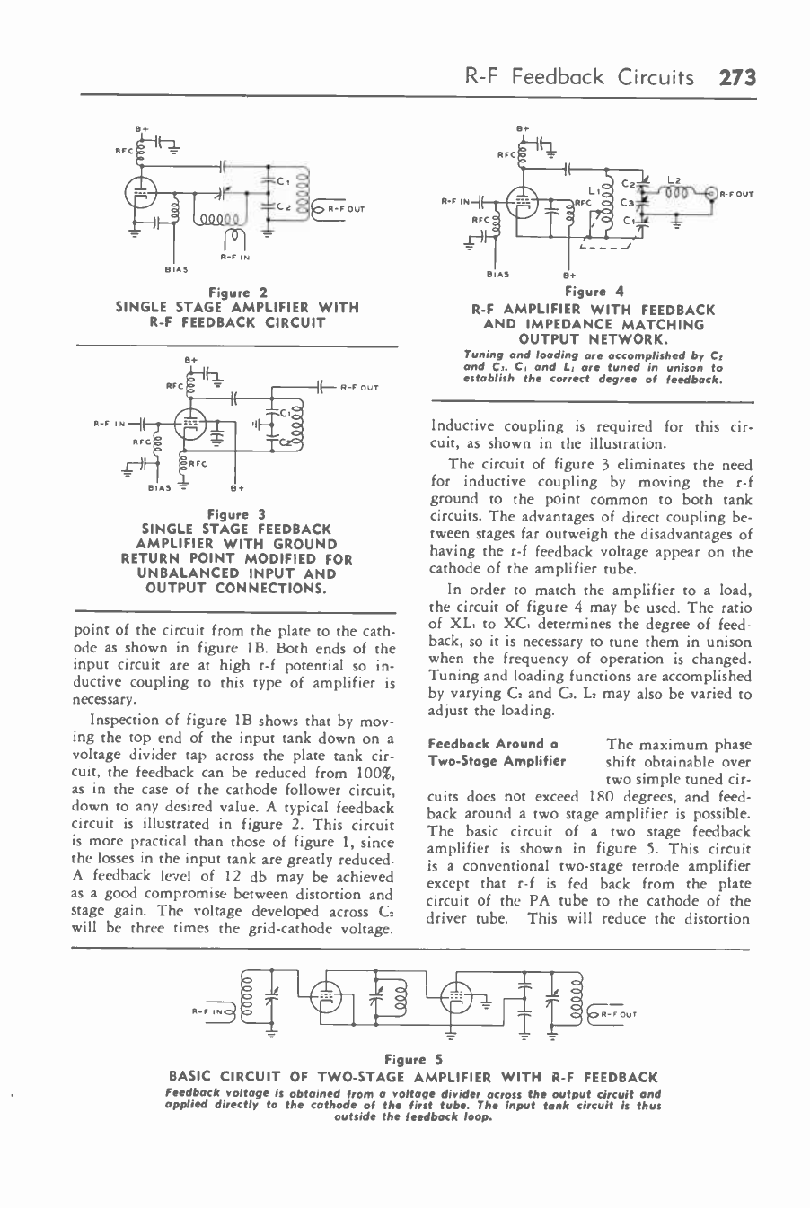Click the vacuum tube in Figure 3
click(189, 427)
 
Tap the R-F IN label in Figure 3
click(109, 420)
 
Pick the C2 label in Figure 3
click(286, 440)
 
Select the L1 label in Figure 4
click(594, 191)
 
